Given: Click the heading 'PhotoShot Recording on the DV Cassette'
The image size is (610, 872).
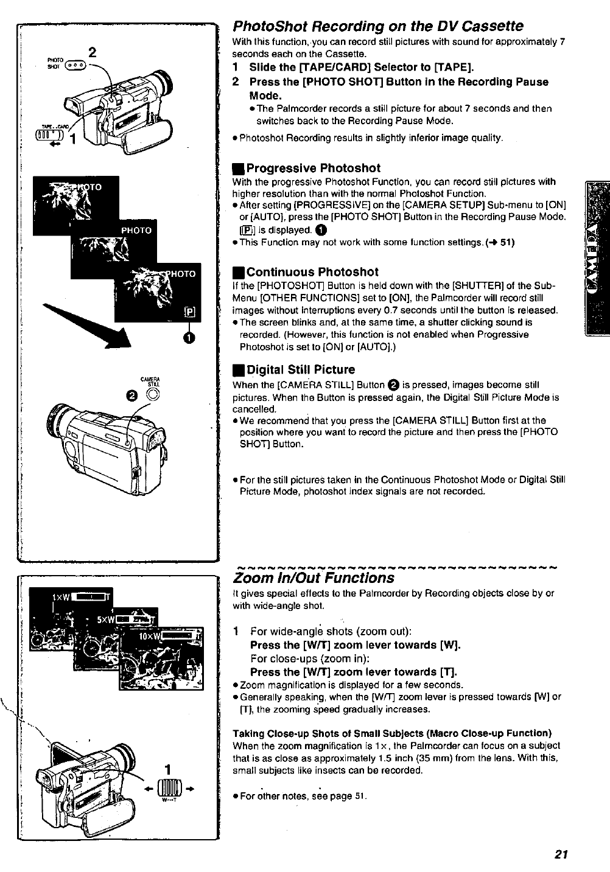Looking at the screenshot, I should (378, 26).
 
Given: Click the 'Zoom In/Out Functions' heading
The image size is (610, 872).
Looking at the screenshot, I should (314, 577).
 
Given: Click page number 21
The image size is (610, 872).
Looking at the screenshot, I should (561, 854).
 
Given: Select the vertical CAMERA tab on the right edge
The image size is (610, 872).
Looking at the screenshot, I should (596, 259).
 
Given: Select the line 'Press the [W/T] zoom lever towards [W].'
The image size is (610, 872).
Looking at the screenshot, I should (356, 645).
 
